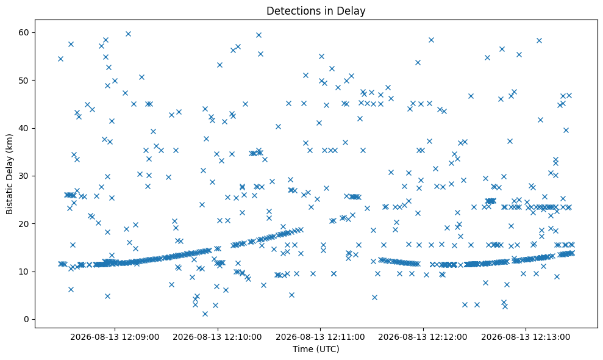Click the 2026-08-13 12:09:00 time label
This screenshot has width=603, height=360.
tap(115, 337)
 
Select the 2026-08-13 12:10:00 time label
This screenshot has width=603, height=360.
tap(217, 337)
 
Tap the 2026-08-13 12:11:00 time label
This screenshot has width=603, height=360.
tap(320, 337)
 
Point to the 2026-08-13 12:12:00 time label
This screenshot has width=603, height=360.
tap(423, 337)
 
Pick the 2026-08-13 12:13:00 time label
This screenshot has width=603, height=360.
tap(526, 337)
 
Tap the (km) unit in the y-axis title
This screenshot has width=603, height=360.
tap(10, 142)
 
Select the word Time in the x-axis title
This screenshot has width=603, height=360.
tap(302, 349)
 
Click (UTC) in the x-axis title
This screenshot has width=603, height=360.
tap(327, 349)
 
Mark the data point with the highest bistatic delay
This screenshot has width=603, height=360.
tap(129, 34)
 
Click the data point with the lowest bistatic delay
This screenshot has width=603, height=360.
tap(205, 314)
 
